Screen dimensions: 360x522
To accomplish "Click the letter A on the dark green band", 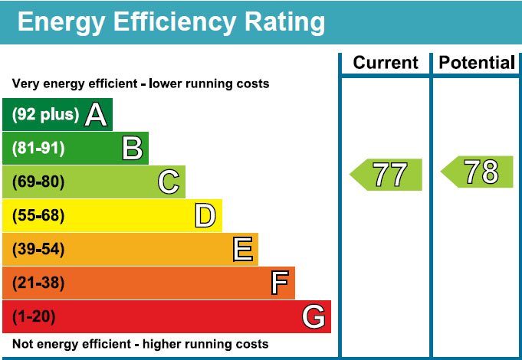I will (95, 115).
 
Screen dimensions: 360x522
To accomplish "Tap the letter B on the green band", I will (133, 149).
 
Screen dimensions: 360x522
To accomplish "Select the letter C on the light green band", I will (169, 182).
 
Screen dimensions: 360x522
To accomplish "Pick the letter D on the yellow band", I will (205, 216).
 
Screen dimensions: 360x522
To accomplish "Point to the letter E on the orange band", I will (242, 250).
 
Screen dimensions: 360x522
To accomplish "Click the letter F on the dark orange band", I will (280, 283).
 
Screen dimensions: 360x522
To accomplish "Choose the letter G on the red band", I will (314, 316).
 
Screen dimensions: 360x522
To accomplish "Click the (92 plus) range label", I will (45, 115).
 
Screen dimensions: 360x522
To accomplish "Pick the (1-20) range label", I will (34, 316).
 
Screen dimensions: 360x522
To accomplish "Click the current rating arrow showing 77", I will (387, 175).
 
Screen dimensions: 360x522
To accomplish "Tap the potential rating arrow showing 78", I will (478, 172).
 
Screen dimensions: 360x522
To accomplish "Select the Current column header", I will (386, 63).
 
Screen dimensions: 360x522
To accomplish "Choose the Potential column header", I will (477, 63).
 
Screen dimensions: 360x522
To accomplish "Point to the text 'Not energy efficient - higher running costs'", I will (140, 344).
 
